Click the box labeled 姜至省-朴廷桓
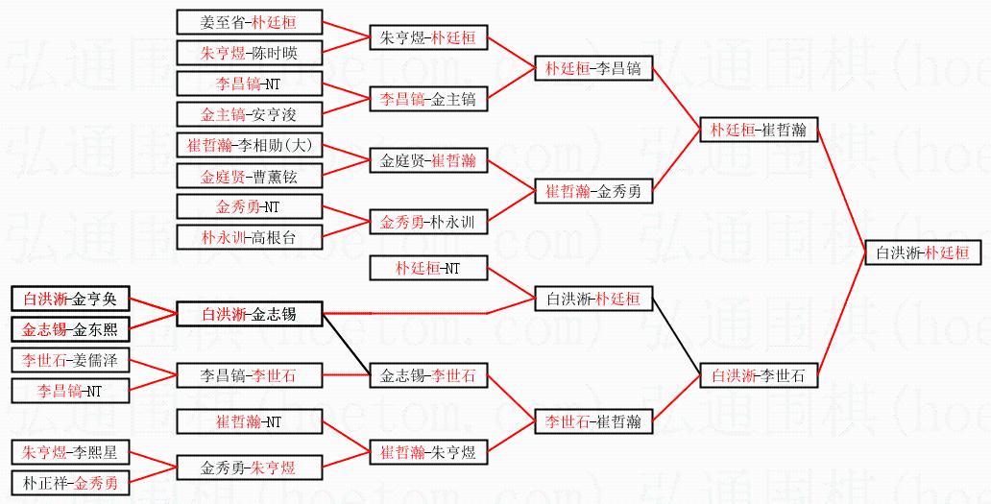coord(250,21)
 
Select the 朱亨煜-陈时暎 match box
coord(250,53)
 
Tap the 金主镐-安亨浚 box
coord(250,114)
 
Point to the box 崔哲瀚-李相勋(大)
coord(250,145)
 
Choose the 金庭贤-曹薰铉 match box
coord(250,177)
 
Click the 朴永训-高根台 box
coord(250,237)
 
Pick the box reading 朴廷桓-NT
coord(427,268)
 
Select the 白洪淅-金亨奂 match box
coord(69,298)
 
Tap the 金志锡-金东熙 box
coord(69,329)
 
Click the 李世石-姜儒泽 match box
coord(69,360)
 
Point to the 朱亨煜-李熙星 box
coord(69,452)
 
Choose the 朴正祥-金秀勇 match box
coord(69,483)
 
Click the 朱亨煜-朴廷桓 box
coord(427,37)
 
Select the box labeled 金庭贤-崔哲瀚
coord(427,160)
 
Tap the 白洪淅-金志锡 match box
coord(249,313)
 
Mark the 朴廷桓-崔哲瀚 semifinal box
coord(759,130)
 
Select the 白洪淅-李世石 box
coord(759,375)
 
